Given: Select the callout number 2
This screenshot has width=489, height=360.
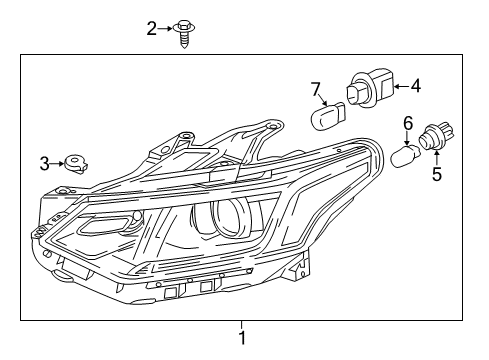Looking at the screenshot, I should (x=152, y=29).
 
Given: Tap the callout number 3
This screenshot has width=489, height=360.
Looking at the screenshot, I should (x=44, y=162).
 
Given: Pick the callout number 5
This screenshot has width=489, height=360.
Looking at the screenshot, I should (x=436, y=176).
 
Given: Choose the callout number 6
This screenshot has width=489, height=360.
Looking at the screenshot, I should (x=407, y=123).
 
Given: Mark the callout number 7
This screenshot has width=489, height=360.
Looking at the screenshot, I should (x=316, y=92).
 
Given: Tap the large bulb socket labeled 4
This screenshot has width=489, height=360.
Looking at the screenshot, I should (x=371, y=88).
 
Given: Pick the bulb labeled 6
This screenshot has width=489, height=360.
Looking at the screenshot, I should (x=406, y=157).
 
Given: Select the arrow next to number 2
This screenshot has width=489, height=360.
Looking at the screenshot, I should (x=166, y=29).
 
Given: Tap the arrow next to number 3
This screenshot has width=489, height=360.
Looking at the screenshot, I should (x=58, y=162).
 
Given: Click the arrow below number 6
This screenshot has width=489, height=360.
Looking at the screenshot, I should (x=407, y=137).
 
